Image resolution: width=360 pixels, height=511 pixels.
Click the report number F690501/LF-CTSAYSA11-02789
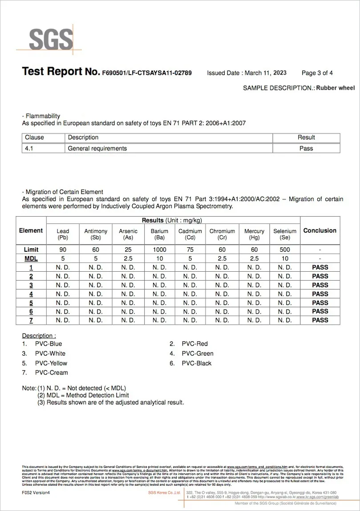pos(147,73)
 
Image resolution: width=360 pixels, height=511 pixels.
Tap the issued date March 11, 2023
pos(266,73)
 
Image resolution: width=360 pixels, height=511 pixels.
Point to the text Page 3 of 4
pos(317,73)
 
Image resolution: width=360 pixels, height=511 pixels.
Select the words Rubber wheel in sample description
pos(336,88)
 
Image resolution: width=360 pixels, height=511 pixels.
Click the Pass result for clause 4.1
pos(306,149)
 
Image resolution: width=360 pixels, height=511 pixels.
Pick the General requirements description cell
pos(97,149)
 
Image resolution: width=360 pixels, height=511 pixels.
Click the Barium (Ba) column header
pos(159,234)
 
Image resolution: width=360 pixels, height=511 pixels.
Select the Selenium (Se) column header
pos(285,234)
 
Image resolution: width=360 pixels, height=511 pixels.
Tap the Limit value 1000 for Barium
pos(159,250)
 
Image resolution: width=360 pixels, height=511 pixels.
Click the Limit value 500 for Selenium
pos(285,250)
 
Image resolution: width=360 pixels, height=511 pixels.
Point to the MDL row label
pos(31,258)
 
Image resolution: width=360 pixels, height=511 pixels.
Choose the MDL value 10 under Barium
pos(159,258)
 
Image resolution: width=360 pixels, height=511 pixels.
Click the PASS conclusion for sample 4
pos(320,294)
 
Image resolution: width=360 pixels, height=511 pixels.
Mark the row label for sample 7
pos(31,320)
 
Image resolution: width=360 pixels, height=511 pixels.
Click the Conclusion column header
pos(320,230)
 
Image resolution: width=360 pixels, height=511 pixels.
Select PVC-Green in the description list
pos(197,354)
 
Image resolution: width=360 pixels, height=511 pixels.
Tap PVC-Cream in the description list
pos(51,373)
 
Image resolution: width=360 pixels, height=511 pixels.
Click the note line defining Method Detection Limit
pos(83,395)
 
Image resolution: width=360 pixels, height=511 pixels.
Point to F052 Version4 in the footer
pos(36,493)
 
